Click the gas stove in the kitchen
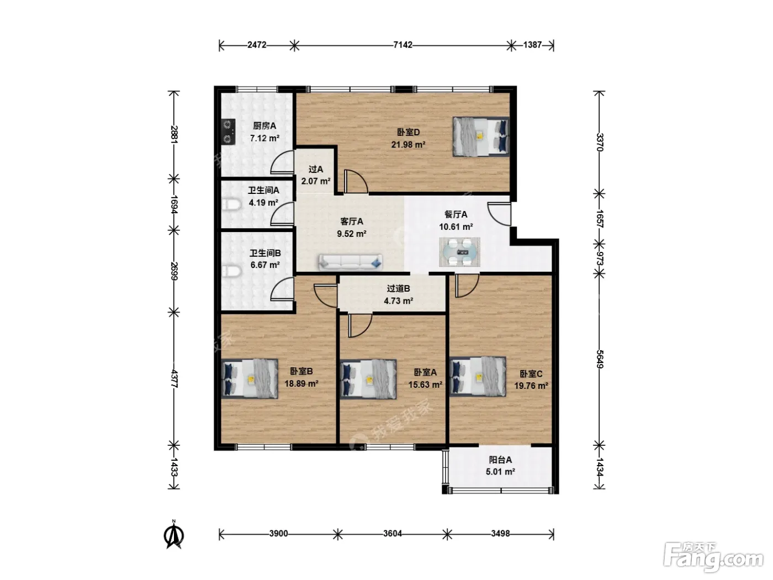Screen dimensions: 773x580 [x=229, y=131]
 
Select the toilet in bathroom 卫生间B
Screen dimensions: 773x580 [x=231, y=271]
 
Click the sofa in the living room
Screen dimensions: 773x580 [x=350, y=262]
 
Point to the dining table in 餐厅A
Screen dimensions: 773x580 [x=459, y=252]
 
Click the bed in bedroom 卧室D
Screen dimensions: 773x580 [x=481, y=136]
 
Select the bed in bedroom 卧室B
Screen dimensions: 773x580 [x=250, y=378]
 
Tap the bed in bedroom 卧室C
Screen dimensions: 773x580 [x=478, y=377]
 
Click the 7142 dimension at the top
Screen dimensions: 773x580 [x=403, y=45]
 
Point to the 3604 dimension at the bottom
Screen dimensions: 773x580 [x=393, y=534]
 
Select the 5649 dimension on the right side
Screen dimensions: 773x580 [x=600, y=359]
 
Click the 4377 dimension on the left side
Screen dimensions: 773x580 [x=173, y=378]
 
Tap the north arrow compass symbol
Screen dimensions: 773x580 [x=174, y=535]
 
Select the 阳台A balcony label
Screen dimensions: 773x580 [x=500, y=460]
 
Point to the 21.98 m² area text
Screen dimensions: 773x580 [x=408, y=144]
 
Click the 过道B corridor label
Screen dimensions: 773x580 [x=398, y=288]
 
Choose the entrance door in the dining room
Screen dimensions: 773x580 [x=499, y=214]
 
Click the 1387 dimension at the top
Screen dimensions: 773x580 [x=532, y=45]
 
